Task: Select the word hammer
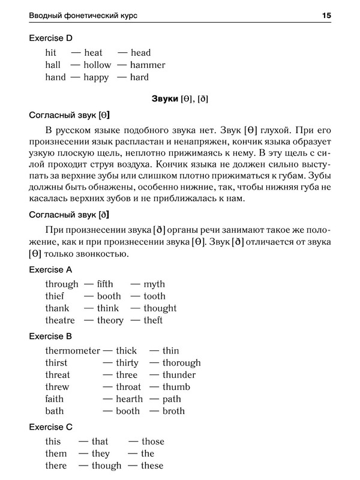coord(148,65)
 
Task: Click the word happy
coord(97,77)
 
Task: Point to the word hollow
coord(98,65)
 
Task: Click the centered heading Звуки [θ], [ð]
coord(180,98)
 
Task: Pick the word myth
coord(154,284)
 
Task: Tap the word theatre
coord(60,320)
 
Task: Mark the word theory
coord(110,320)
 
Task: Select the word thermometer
coord(71,350)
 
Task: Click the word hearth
coord(129,399)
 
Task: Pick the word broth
coord(173,411)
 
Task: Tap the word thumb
coord(175,387)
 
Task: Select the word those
coord(152,442)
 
